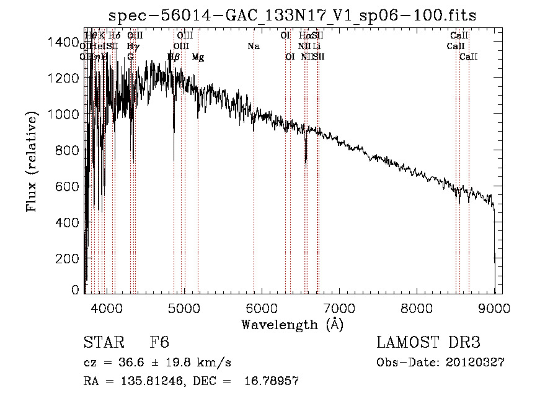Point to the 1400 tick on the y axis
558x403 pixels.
[x=85, y=42]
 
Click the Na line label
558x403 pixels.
[x=253, y=47]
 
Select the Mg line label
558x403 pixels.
[x=198, y=57]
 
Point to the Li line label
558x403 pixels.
[x=316, y=47]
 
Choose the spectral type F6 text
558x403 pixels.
[x=159, y=343]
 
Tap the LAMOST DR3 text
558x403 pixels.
[x=428, y=343]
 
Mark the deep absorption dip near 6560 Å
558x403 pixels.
[x=306, y=160]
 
